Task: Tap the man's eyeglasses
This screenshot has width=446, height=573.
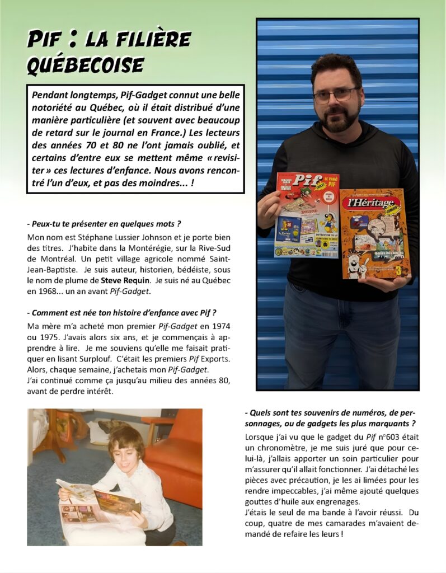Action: [336, 95]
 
